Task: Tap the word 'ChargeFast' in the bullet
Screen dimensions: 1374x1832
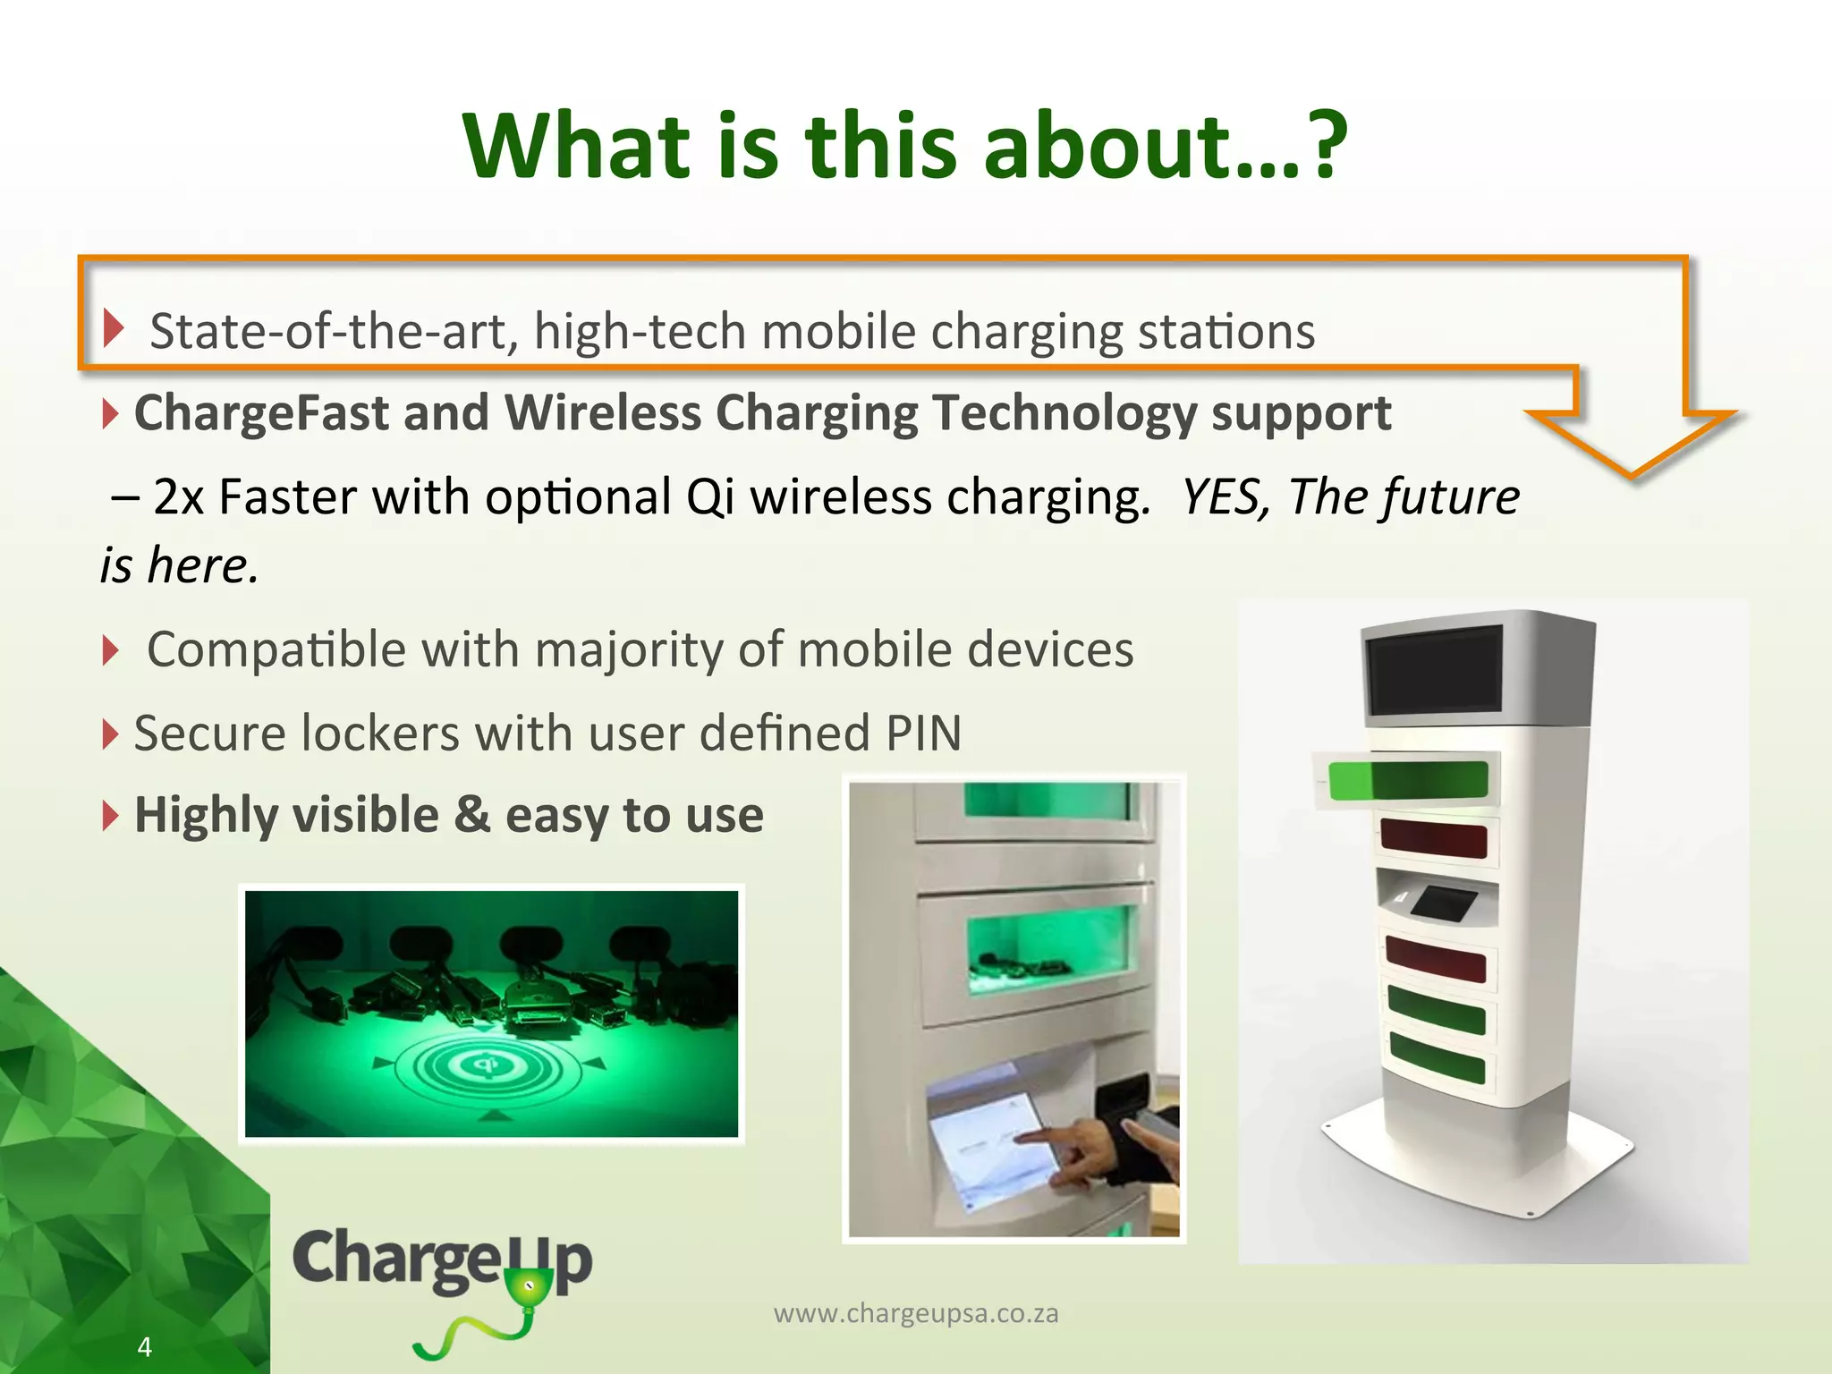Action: [259, 413]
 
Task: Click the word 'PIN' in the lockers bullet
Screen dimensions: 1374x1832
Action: [923, 734]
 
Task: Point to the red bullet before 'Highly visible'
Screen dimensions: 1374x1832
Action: [109, 815]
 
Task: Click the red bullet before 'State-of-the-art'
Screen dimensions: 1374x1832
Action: [113, 328]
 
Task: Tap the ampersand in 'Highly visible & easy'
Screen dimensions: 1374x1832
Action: [471, 815]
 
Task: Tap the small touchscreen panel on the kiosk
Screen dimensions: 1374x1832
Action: [1443, 902]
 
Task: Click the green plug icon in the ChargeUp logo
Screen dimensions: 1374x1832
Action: [528, 1288]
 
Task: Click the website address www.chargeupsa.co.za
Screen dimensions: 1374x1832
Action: [915, 1313]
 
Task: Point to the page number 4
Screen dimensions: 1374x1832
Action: [145, 1346]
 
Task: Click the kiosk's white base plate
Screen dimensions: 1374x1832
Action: [1476, 1163]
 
